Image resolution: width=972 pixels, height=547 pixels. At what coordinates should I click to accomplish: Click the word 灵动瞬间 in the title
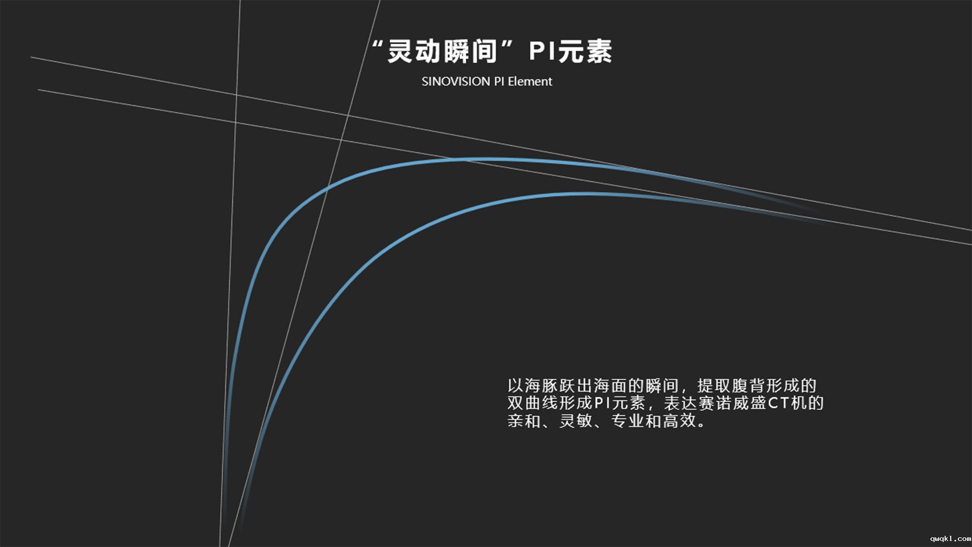442,52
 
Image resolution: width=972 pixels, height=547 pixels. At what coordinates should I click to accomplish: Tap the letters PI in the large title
542,52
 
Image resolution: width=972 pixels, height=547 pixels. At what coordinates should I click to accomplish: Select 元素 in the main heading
585,52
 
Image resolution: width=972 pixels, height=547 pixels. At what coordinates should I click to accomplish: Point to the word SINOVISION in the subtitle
456,82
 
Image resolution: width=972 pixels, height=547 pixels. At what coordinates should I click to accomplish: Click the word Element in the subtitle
530,82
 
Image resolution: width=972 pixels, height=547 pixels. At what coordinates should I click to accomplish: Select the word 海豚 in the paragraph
541,386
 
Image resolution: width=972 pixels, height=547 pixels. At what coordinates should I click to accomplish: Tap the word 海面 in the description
611,386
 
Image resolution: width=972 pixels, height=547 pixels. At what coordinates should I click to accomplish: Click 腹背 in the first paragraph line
748,386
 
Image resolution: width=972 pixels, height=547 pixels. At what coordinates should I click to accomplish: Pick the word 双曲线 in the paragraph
533,403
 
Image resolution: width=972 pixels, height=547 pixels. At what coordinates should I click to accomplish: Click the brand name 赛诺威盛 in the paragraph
732,403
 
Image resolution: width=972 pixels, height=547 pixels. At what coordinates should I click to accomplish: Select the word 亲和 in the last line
524,420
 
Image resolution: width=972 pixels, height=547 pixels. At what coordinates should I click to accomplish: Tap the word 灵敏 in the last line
576,420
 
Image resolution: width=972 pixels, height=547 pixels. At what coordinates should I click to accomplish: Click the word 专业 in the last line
628,420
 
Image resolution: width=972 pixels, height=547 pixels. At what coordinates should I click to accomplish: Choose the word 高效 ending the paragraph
680,420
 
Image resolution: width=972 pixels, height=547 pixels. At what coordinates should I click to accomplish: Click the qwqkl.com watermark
950,539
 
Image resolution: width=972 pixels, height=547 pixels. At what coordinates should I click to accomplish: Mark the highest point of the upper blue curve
486,160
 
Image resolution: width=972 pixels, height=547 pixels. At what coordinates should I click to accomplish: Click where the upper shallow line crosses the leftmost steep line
236,94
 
